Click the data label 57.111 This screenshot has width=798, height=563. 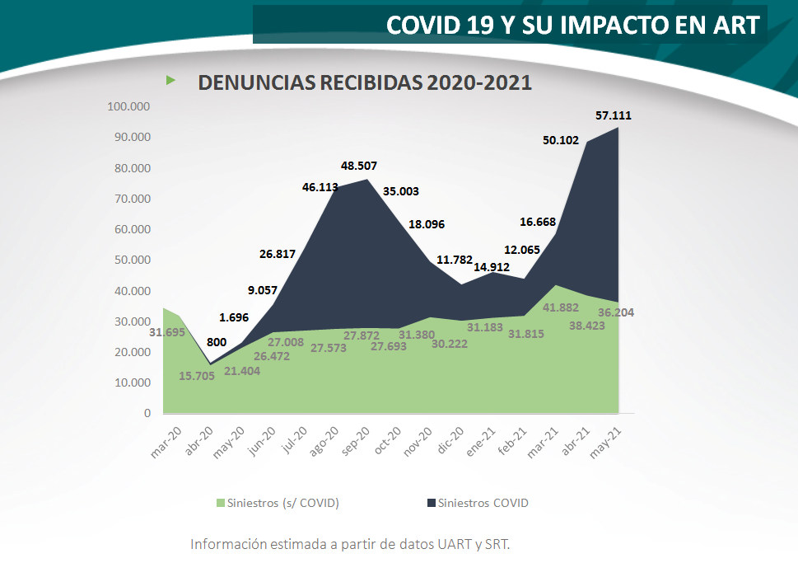[614, 116]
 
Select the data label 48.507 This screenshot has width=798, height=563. [359, 165]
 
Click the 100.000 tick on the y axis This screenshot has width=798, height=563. [128, 106]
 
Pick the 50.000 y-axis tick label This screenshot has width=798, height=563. [132, 260]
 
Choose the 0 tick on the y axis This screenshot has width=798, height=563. [147, 413]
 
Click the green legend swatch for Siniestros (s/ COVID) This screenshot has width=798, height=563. [220, 503]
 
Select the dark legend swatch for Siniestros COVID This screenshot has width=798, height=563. [430, 503]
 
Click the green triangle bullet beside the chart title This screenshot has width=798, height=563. [171, 80]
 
